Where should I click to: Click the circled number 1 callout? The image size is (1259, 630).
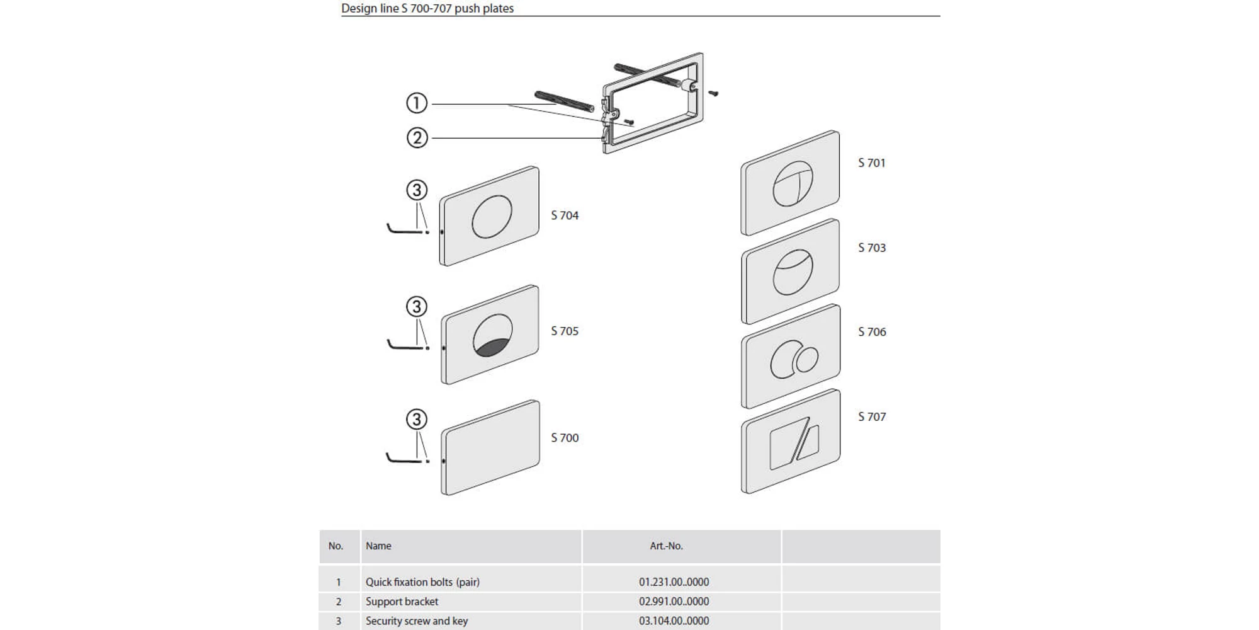coord(416,103)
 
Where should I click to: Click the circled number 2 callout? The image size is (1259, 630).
coord(417,137)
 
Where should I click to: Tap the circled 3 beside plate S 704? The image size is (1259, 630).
coord(416,190)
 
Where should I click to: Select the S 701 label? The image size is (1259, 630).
coord(871,163)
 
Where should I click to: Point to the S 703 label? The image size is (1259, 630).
coord(871,248)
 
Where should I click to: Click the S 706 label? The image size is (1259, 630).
coord(871,332)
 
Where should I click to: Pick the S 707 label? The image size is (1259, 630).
coord(871,417)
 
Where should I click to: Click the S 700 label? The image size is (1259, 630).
coord(564,438)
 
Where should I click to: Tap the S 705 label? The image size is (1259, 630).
coord(564,331)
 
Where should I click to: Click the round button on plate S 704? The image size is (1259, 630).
coord(492,217)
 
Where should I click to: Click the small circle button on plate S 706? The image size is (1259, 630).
coord(806,360)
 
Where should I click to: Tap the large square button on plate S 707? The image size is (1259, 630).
coord(786,444)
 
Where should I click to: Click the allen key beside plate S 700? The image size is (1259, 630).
coord(403,459)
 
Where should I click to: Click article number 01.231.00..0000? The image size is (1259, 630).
coord(674,582)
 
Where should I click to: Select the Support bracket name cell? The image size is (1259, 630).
coord(402,602)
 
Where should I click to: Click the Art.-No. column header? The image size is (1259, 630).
coord(666,546)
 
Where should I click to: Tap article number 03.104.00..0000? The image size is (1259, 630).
coord(674,621)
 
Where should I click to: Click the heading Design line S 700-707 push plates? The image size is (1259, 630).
coord(427,8)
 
